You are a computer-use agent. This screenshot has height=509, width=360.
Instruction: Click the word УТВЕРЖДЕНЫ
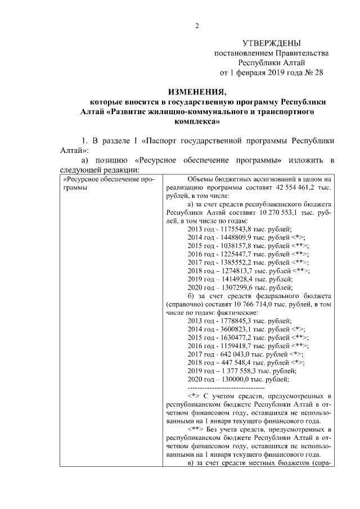coord(271,43)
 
